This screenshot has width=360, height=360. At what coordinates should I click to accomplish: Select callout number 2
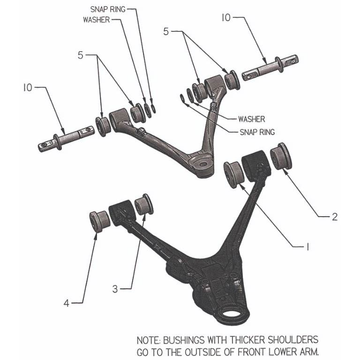pos(334,217)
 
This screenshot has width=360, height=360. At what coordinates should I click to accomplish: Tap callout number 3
pos(115,289)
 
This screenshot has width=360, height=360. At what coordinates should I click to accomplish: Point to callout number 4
pos(67,304)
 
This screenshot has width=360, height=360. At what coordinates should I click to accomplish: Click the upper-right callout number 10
pos(226,18)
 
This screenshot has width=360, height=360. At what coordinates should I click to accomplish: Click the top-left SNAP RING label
pos(108,9)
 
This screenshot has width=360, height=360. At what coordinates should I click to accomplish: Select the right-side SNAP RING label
pos(257,132)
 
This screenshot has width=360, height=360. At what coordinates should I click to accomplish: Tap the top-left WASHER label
pos(96,20)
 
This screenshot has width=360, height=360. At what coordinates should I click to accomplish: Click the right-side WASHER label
pos(251,120)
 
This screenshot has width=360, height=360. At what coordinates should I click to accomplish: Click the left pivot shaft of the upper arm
pos(66,139)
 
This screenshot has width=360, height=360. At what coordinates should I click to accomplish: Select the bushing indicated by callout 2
pos(282,156)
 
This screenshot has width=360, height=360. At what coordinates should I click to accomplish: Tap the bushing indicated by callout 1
pos(232,174)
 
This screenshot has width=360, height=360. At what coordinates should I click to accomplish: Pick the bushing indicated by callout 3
pos(143,205)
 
